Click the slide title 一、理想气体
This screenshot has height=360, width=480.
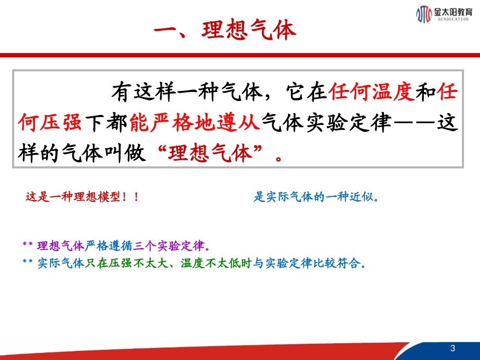point(225,31)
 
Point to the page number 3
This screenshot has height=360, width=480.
point(452,348)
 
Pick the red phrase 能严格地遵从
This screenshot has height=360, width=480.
point(195,123)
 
